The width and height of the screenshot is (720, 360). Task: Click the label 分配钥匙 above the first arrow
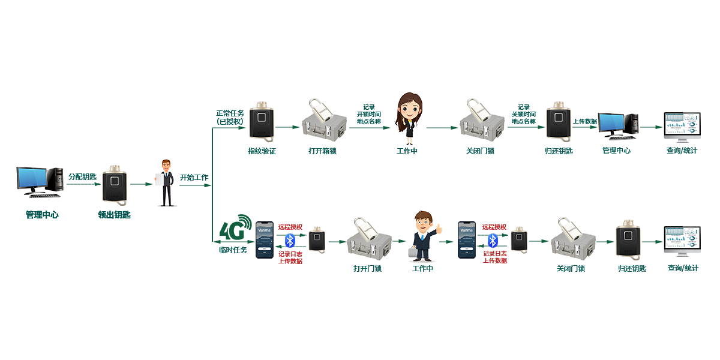click(x=82, y=176)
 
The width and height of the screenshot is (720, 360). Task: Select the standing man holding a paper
click(x=166, y=182)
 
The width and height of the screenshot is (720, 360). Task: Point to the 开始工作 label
click(x=194, y=178)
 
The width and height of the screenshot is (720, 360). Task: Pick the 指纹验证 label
click(x=262, y=151)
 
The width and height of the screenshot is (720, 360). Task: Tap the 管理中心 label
click(x=616, y=150)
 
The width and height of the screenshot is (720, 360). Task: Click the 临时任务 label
click(x=233, y=250)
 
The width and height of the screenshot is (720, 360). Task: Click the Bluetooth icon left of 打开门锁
click(x=290, y=241)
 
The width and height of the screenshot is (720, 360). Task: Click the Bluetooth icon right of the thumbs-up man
click(x=493, y=241)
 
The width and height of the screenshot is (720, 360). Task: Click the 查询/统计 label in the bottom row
click(x=683, y=268)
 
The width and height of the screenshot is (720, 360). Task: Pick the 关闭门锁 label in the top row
click(x=480, y=151)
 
